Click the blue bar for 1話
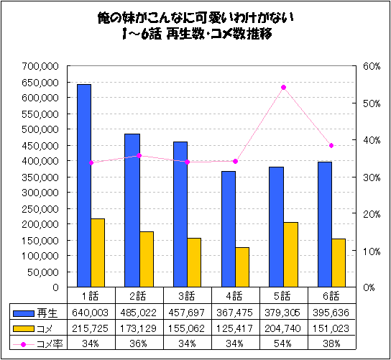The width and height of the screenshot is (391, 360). pyautogui.click(x=84, y=185)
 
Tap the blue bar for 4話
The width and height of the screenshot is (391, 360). pyautogui.click(x=228, y=229)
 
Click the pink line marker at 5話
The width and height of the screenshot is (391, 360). pyautogui.click(x=283, y=87)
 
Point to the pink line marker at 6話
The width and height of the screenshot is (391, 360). pyautogui.click(x=331, y=145)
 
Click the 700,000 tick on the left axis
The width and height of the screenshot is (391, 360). pyautogui.click(x=41, y=66)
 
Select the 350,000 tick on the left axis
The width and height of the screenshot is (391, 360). pyautogui.click(x=41, y=177)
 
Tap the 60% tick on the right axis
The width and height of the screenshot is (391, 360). pyautogui.click(x=371, y=66)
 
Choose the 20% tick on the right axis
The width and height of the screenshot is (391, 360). pyautogui.click(x=371, y=213)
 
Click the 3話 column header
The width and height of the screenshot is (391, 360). pyautogui.click(x=186, y=295)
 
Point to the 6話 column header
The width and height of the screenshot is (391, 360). pyautogui.click(x=331, y=295)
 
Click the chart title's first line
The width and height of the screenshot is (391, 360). pyautogui.click(x=195, y=17)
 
